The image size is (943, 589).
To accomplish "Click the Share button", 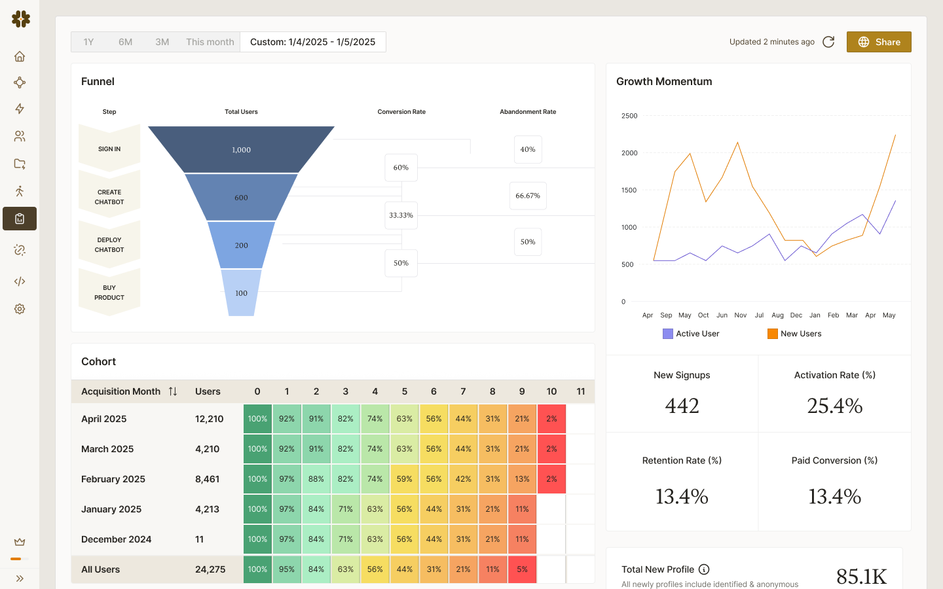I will [879, 42].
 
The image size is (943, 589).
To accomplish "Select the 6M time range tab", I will [125, 42].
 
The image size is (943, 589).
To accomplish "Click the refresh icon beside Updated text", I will [828, 42].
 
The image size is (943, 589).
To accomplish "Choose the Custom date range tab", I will [312, 42].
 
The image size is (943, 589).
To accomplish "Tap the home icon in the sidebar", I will [20, 56].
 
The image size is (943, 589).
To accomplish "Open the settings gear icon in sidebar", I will [20, 309].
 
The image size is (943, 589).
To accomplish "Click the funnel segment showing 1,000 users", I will [241, 150].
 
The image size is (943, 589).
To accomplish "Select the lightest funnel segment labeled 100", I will [241, 293].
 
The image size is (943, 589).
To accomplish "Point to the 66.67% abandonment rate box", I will [528, 196].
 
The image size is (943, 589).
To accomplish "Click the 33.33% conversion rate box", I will [401, 215].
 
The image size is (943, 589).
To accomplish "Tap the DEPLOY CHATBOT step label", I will [109, 245].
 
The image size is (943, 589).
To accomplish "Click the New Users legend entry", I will [794, 334].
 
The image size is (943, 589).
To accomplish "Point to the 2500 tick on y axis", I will [629, 116].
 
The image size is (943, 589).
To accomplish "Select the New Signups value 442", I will [682, 406].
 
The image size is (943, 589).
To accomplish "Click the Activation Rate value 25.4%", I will [834, 406].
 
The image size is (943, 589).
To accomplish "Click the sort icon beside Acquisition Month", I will [173, 391].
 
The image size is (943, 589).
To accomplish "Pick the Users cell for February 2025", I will [207, 479].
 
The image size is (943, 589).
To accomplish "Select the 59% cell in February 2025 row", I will [404, 479].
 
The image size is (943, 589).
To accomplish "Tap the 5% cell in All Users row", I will [522, 569].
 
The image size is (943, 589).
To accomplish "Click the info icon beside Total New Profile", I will [704, 569].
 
